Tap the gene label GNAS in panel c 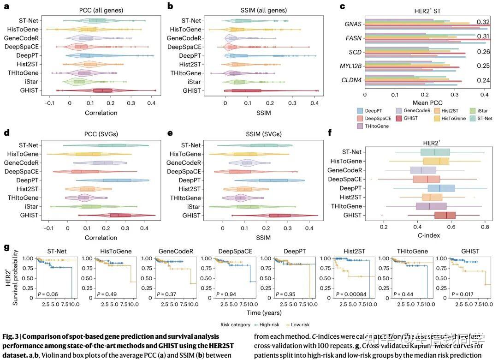tap(353, 24)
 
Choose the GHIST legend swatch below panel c tap(401, 118)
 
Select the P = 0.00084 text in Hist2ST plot tap(353, 294)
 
